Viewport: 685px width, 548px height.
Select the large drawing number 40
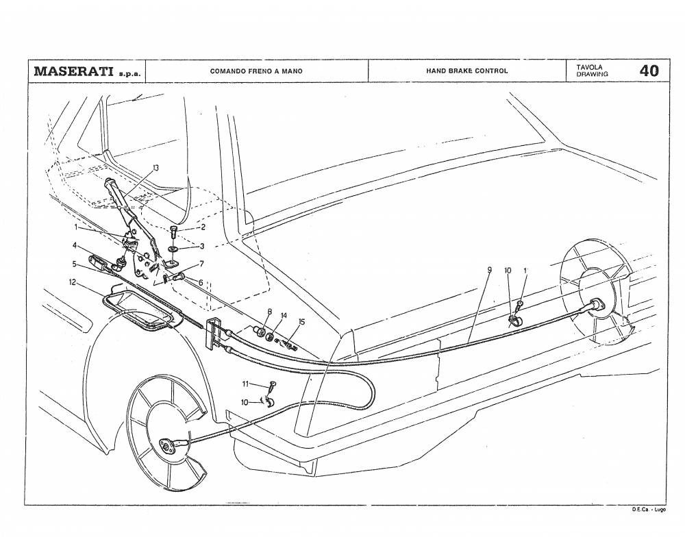(649, 71)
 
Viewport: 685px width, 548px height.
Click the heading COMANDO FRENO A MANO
(256, 71)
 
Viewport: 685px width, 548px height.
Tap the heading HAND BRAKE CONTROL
(467, 71)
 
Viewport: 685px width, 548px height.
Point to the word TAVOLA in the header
(590, 67)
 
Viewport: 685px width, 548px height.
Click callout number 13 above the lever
(156, 168)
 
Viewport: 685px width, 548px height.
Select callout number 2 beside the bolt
(203, 227)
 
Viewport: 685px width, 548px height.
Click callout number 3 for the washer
(202, 246)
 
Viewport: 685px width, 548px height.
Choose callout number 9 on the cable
(489, 271)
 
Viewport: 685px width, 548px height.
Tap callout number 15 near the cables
(301, 321)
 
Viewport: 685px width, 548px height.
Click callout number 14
(284, 316)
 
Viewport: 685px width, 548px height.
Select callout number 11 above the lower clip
(245, 385)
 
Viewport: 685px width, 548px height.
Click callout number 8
(270, 312)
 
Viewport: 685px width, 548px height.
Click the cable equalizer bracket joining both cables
(214, 331)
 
